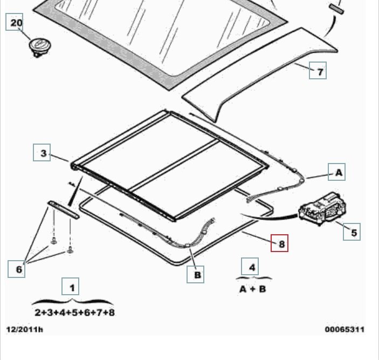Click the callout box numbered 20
15,22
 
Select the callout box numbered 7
318,70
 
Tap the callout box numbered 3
42,152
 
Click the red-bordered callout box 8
279,243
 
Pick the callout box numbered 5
352,232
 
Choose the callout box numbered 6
16,269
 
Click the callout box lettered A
337,172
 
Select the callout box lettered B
195,274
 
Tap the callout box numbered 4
250,267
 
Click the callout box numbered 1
70,287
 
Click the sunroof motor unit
323,208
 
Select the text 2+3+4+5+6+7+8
75,313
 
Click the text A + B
253,289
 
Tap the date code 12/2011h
25,330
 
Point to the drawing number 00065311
344,330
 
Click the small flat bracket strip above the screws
63,209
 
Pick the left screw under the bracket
54,241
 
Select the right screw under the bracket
70,249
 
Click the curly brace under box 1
72,302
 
